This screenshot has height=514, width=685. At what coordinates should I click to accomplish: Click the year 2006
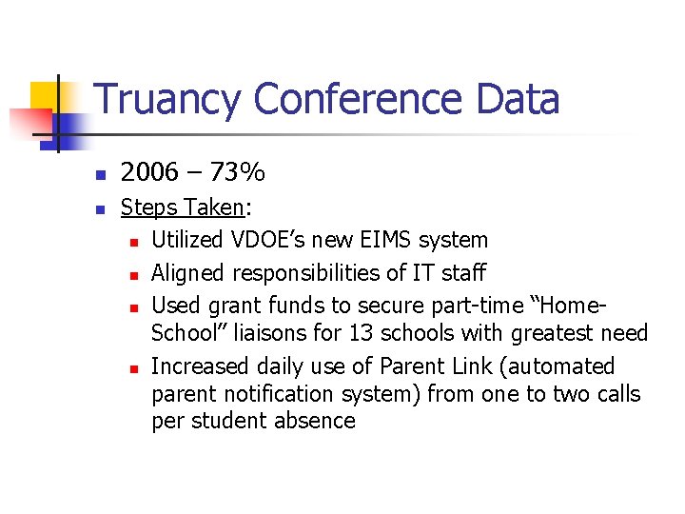coord(149,172)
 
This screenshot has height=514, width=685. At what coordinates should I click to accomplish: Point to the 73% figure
coord(239,172)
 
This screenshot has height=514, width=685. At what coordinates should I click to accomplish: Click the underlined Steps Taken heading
coord(182,208)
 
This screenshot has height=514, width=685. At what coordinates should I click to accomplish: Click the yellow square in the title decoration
coord(45,96)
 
